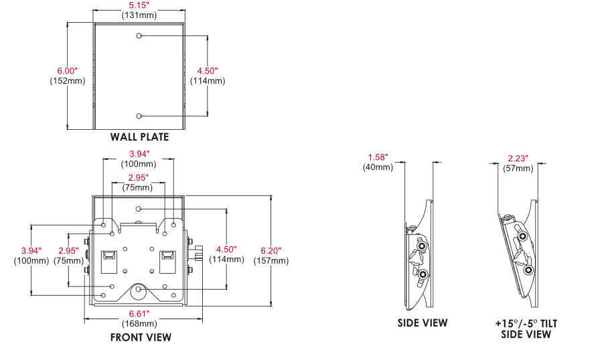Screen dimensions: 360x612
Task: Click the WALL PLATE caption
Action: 139,137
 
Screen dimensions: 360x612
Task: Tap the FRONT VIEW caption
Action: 141,337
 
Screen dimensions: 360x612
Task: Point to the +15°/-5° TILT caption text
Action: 526,323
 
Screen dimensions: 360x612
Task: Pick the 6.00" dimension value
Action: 68,70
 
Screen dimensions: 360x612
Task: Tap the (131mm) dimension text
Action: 139,14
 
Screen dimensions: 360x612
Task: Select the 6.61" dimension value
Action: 139,314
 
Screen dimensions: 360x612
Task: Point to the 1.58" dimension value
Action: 378,157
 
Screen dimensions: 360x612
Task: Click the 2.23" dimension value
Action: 518,158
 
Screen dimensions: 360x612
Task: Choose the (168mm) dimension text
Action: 139,324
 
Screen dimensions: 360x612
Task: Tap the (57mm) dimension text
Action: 518,168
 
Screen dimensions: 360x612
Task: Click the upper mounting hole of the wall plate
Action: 139,35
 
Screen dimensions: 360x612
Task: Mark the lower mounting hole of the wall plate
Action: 139,115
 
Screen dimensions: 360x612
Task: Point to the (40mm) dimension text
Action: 378,167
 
